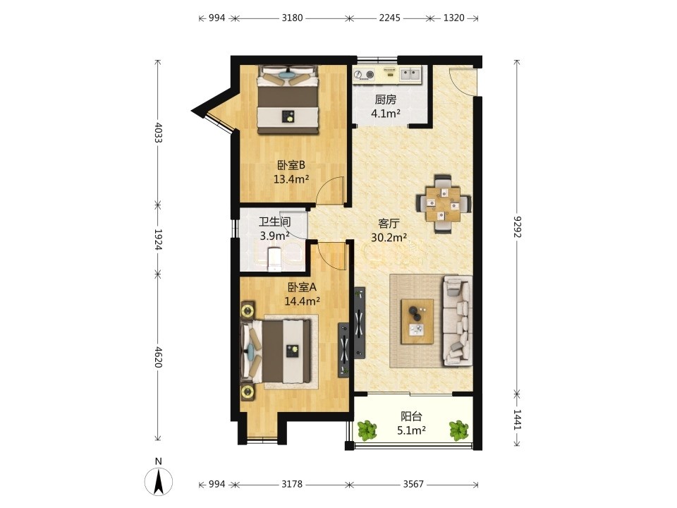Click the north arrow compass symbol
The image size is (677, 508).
159,480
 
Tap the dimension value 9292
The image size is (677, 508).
517,226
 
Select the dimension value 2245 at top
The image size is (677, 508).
389,18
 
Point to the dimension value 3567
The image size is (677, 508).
413,484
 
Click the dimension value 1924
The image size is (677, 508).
158,239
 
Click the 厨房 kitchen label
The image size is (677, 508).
385,100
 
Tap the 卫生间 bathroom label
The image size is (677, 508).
274,222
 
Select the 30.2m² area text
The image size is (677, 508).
389,237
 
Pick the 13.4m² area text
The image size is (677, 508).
291,179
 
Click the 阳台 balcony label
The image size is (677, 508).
411,417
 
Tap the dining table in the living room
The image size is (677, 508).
444,203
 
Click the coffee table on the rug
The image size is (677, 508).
417,322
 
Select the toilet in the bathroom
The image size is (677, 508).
274,260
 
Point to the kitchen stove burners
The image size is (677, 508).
364,75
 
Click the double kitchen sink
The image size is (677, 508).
410,74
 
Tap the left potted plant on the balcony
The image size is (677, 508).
367,430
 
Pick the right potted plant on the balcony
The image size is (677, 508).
458,430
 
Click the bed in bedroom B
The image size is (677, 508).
288,99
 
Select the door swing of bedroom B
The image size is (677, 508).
331,190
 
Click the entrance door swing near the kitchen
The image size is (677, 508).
461,82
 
